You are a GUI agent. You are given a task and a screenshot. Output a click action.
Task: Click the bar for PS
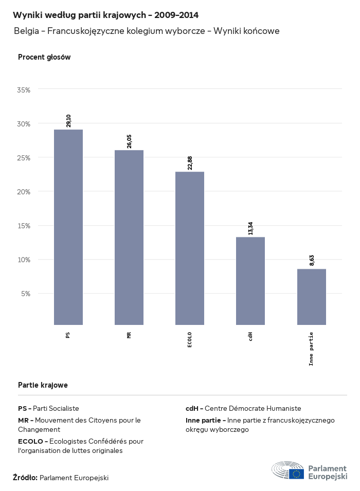pyautogui.click(x=68, y=227)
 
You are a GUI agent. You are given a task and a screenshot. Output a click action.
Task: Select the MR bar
pyautogui.click(x=129, y=238)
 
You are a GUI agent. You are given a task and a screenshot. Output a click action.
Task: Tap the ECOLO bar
pyautogui.click(x=190, y=248)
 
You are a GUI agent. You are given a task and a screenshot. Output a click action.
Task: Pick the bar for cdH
pyautogui.click(x=250, y=281)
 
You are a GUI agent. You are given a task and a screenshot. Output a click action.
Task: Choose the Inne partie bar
pyautogui.click(x=312, y=297)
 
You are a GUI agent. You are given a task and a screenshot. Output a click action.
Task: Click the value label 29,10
pyautogui.click(x=68, y=120)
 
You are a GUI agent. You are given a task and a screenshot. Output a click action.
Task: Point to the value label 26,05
pyautogui.click(x=129, y=141)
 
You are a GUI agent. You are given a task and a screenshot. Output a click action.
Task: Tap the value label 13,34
pyautogui.click(x=250, y=228)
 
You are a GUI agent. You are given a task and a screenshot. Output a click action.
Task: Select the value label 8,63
pyautogui.click(x=312, y=261)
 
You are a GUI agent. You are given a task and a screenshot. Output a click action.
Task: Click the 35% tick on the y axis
pyautogui.click(x=24, y=89)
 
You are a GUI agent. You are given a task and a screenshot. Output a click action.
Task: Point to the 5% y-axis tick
pyautogui.click(x=26, y=294)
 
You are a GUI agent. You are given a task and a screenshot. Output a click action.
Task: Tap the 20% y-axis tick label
pyautogui.click(x=24, y=191)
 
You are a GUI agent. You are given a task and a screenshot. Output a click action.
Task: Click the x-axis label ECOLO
pyautogui.click(x=190, y=340)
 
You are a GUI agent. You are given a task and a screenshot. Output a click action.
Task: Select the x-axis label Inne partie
pyautogui.click(x=312, y=349)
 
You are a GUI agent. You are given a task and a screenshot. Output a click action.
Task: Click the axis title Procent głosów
pyautogui.click(x=44, y=58)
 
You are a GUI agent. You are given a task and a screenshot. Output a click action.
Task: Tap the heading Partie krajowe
pyautogui.click(x=43, y=385)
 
